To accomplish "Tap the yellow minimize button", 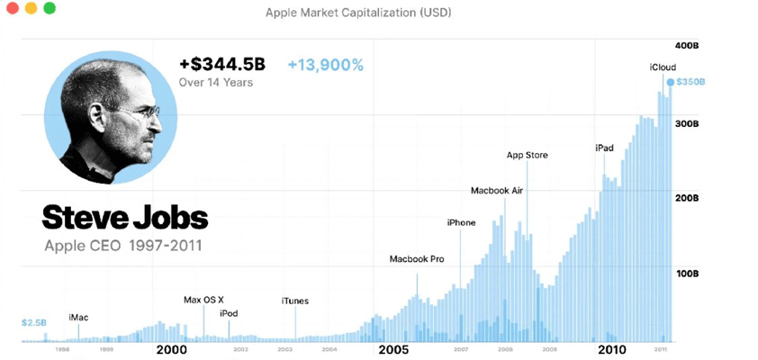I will pyautogui.click(x=30, y=8).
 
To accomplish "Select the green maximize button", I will pyautogui.click(x=49, y=8).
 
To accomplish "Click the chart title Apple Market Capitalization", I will pyautogui.click(x=358, y=13).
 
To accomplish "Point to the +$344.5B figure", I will pyautogui.click(x=222, y=65).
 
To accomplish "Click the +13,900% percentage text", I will pyautogui.click(x=326, y=65).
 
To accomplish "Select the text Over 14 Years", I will pyautogui.click(x=216, y=83).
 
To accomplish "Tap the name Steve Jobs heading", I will pyautogui.click(x=124, y=217).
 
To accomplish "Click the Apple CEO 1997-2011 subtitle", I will pyautogui.click(x=122, y=245).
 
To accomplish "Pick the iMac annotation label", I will pyautogui.click(x=78, y=318).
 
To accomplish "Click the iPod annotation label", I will pyautogui.click(x=229, y=313).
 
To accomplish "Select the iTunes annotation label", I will pyautogui.click(x=295, y=301).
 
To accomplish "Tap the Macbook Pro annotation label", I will pyautogui.click(x=417, y=259).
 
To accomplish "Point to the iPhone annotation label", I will pyautogui.click(x=461, y=222).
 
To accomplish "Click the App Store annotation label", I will pyautogui.click(x=527, y=155).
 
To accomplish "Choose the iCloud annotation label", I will pyautogui.click(x=663, y=67).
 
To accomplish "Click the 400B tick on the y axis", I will pyautogui.click(x=689, y=45).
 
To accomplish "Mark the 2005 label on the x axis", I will pyautogui.click(x=394, y=347).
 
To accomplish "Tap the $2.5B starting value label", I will pyautogui.click(x=34, y=321).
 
